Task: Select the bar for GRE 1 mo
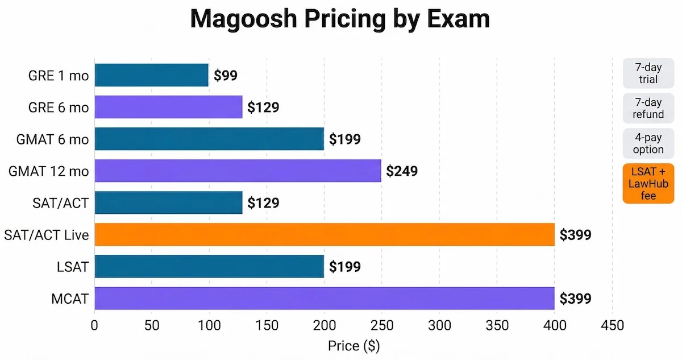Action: click(x=151, y=75)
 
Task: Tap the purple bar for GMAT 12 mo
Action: click(x=237, y=171)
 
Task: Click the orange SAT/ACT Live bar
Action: click(x=324, y=234)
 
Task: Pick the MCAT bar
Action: click(x=324, y=298)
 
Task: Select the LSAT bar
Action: click(x=209, y=266)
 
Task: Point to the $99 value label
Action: click(x=226, y=75)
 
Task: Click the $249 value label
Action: click(x=402, y=171)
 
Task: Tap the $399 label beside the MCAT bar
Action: click(x=575, y=298)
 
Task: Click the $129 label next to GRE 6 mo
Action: click(x=263, y=107)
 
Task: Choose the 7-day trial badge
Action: click(x=648, y=73)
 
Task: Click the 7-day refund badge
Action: click(x=648, y=109)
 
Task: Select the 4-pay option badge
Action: click(x=648, y=144)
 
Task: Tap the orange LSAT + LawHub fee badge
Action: click(x=648, y=183)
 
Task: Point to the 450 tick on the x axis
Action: click(x=612, y=326)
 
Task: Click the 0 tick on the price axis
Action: click(x=94, y=326)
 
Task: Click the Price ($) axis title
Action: click(x=354, y=346)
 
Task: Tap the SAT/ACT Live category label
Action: click(x=47, y=234)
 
